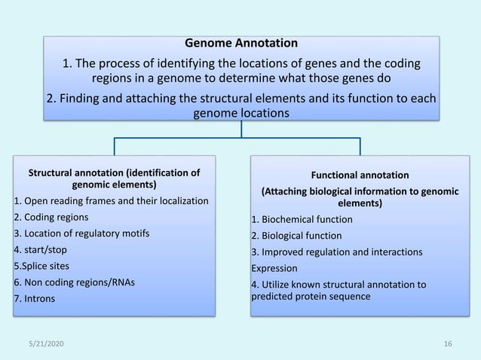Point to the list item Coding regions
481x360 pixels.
[x=45, y=217]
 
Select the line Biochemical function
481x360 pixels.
[x=302, y=219]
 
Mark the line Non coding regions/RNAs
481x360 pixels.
[x=72, y=282]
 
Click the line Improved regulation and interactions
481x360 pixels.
[x=332, y=251]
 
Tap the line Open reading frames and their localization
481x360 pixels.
[x=111, y=200]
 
